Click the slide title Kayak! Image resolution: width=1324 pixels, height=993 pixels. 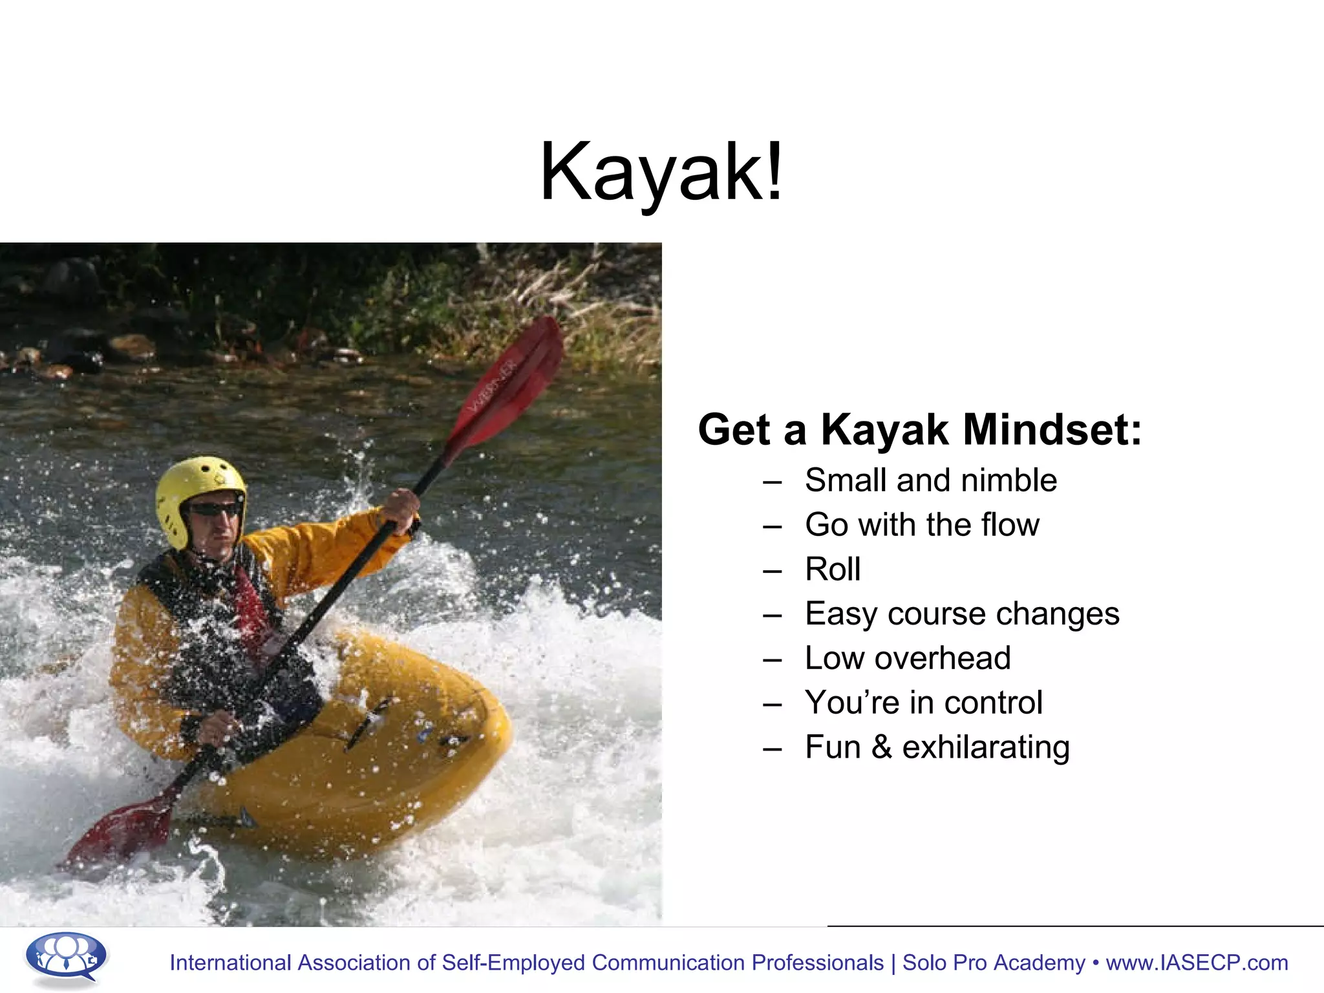click(x=661, y=172)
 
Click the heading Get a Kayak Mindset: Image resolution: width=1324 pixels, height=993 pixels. click(x=919, y=430)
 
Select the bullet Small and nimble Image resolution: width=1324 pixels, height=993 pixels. click(x=930, y=480)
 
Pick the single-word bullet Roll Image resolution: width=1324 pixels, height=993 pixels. click(x=833, y=569)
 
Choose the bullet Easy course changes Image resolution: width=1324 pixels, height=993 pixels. click(x=961, y=614)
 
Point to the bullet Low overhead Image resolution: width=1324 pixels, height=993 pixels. click(x=907, y=658)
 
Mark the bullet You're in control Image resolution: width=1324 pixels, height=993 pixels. click(x=923, y=703)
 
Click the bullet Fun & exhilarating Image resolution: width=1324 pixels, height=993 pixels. click(x=937, y=747)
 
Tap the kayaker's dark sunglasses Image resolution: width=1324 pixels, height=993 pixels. click(x=215, y=510)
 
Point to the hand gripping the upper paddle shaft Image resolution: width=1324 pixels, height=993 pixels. click(x=401, y=511)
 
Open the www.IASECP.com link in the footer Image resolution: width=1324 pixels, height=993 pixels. click(x=1197, y=963)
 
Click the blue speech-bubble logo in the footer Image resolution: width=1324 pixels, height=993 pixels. click(x=66, y=957)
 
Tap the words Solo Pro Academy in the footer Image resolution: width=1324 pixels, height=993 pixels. click(x=994, y=963)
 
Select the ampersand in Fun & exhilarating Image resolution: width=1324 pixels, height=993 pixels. click(x=882, y=747)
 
